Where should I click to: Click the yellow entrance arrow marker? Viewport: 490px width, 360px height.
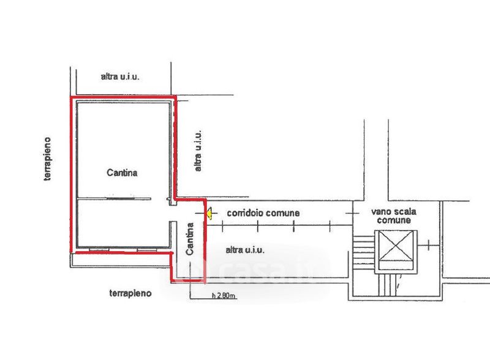pos(208,214)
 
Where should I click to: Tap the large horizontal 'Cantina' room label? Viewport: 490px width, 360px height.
pos(120,173)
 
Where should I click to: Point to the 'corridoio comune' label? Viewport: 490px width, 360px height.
pos(263,214)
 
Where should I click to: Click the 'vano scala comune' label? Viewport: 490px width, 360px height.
pos(394,216)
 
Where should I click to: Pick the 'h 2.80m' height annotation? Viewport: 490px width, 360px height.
pos(224,297)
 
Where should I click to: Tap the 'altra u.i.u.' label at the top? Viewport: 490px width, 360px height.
pos(121,77)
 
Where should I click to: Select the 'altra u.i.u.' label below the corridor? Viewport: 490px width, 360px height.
pos(244,249)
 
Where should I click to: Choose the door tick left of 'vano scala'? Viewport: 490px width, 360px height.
pos(350,212)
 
